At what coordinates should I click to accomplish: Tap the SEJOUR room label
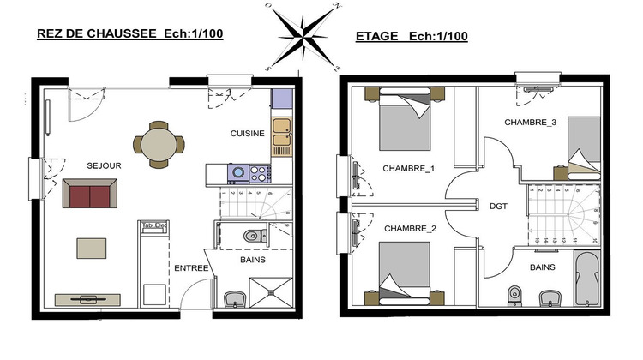[x=104, y=164]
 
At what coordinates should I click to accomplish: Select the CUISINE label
[x=248, y=134]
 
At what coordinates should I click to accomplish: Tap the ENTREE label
[x=192, y=268]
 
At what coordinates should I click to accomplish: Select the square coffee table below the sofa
[x=93, y=248]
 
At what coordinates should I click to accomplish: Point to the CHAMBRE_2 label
[x=410, y=229]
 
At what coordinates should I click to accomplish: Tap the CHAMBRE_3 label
[x=530, y=123]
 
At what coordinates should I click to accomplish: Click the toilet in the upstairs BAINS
[x=514, y=292]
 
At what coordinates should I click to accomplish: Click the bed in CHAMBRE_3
[x=584, y=143]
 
